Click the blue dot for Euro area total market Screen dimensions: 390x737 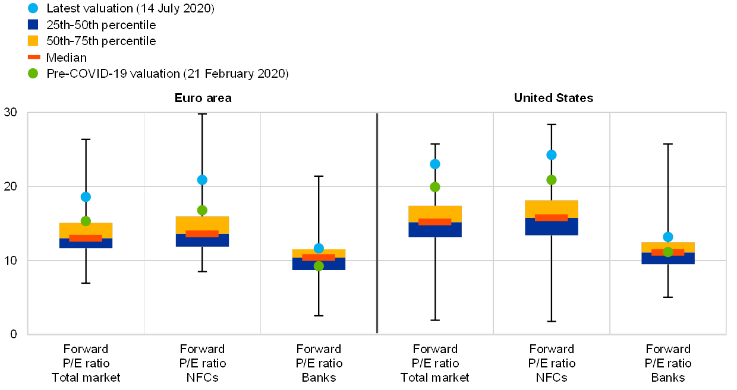pyautogui.click(x=86, y=196)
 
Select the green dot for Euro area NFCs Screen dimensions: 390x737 pyautogui.click(x=202, y=210)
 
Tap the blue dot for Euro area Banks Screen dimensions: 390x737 pyautogui.click(x=319, y=248)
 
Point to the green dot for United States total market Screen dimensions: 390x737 pyautogui.click(x=435, y=187)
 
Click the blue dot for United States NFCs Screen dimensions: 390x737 pyautogui.click(x=552, y=155)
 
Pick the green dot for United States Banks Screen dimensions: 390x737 pyautogui.click(x=668, y=252)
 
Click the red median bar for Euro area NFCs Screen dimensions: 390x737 pyautogui.click(x=202, y=233)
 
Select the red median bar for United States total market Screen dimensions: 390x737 pyautogui.click(x=435, y=222)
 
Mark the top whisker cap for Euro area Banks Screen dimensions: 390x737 pyautogui.click(x=319, y=176)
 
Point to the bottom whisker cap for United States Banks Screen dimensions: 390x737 pyautogui.click(x=668, y=296)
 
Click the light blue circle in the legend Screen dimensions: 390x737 pyautogui.click(x=33, y=8)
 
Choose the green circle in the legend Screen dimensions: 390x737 pyautogui.click(x=33, y=74)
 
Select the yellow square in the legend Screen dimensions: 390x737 pyautogui.click(x=33, y=40)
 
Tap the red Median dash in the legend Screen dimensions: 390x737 pyautogui.click(x=33, y=57)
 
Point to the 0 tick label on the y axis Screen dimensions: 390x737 pyautogui.click(x=14, y=335)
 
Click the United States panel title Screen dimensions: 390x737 pyautogui.click(x=554, y=98)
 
